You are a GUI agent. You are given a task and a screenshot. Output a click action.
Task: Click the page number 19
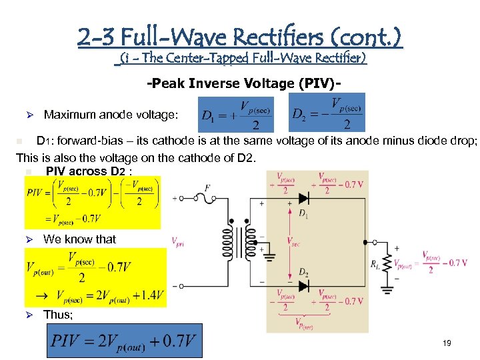447,343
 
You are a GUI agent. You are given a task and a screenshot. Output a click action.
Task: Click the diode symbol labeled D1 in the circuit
304,198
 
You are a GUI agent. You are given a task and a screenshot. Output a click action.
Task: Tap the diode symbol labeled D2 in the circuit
304,285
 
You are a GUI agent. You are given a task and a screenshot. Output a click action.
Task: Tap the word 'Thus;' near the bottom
59,315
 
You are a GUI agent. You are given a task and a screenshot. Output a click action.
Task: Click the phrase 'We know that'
79,239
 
